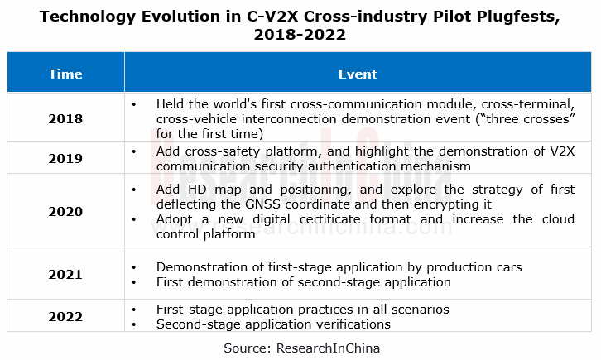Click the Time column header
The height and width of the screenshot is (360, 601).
point(65,74)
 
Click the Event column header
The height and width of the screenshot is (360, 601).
point(358,74)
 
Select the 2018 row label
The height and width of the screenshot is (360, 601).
point(65,118)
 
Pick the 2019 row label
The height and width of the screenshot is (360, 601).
point(65,157)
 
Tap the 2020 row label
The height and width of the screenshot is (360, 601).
point(65,211)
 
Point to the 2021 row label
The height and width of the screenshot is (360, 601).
point(65,275)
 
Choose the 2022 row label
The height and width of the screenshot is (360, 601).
point(65,316)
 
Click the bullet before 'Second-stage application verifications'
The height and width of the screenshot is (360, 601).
point(135,324)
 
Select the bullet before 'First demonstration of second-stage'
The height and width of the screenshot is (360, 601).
point(135,282)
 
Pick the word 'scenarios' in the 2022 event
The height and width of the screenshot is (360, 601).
point(419,310)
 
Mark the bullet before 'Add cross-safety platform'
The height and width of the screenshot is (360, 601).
point(135,150)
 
